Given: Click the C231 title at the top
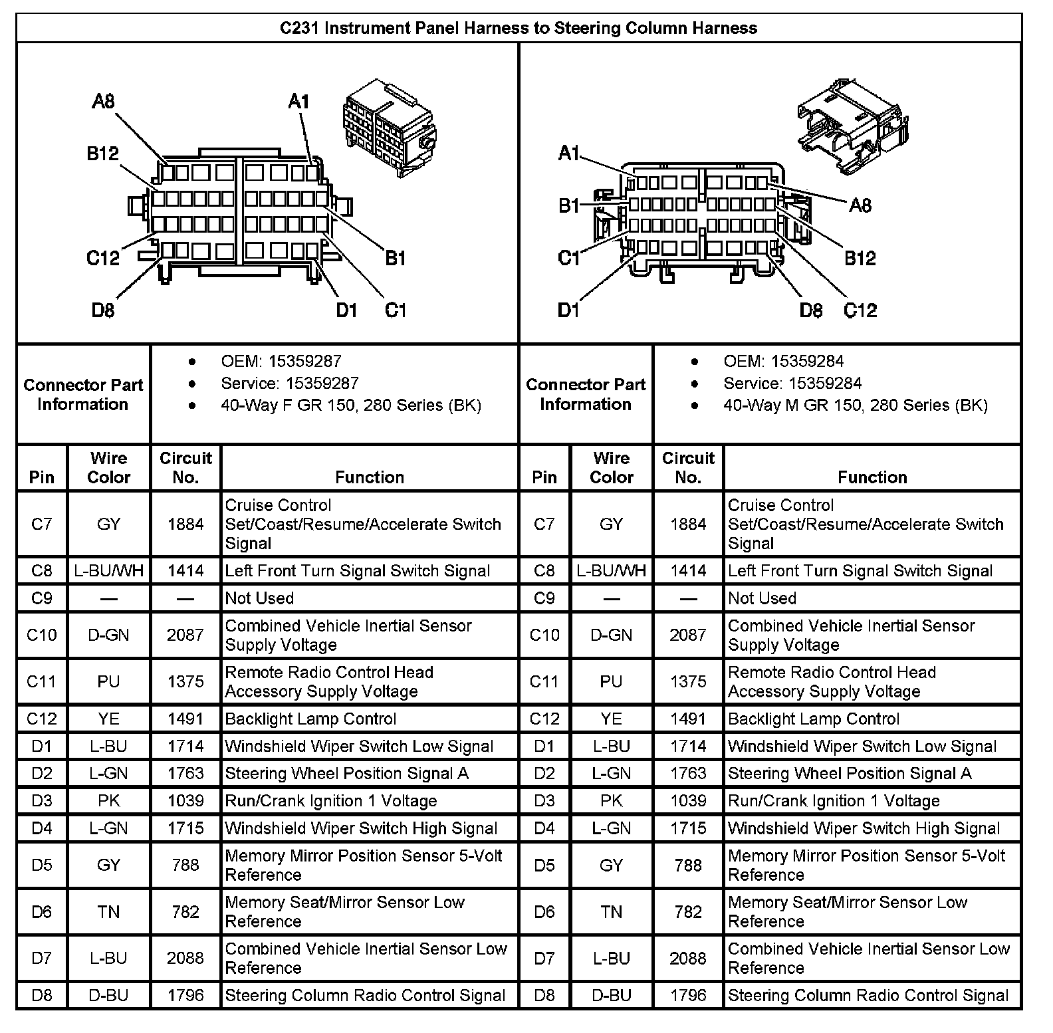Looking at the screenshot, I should [x=518, y=28].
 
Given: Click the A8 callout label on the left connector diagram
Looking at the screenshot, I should [x=103, y=102].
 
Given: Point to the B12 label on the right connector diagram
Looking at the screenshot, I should [x=860, y=258].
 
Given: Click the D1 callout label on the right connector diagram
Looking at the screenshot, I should [x=568, y=310].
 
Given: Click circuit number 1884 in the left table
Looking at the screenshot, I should [x=185, y=524].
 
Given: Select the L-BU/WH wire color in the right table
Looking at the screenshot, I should [x=611, y=571].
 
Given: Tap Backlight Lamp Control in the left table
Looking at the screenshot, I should [x=310, y=719].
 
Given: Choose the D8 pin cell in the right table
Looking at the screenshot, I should [x=544, y=996].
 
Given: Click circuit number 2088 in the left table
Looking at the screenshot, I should [x=185, y=959].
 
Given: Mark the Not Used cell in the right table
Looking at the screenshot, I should [x=762, y=598].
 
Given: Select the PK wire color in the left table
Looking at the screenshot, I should [x=108, y=801].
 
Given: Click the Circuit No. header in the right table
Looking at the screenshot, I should [x=688, y=468].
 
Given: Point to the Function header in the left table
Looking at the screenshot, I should [x=369, y=477].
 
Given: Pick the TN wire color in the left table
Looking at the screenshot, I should [x=108, y=912].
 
